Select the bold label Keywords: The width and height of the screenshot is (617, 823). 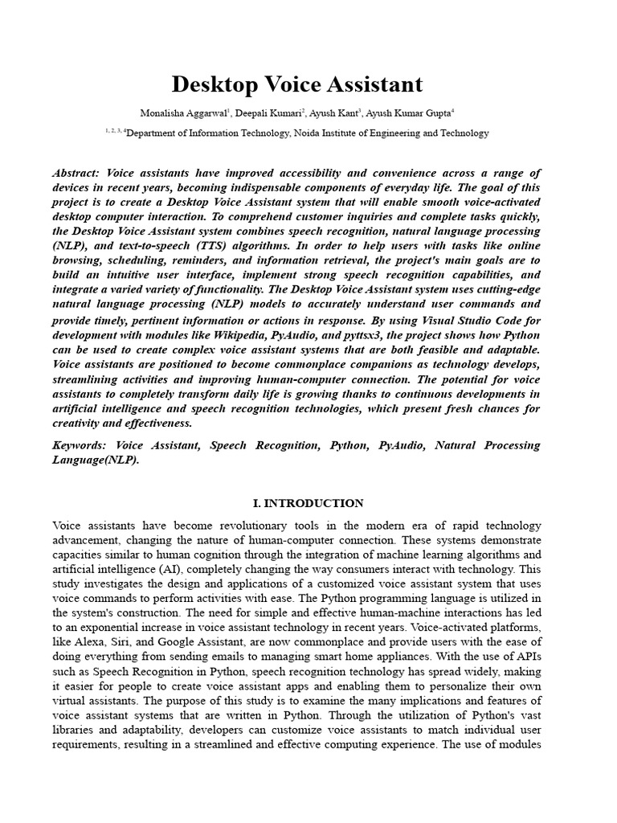[x=80, y=444]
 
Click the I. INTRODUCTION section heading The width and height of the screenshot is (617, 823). [x=308, y=503]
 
